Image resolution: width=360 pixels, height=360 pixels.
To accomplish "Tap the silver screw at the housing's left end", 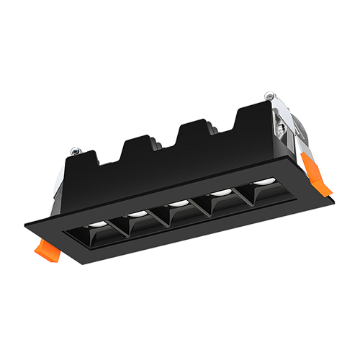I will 74,152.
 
